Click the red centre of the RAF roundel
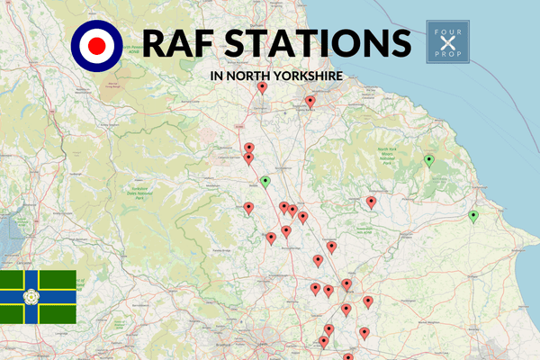coord(93,42)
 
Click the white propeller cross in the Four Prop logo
coord(449,42)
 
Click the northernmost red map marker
coord(262,87)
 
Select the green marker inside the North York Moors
coord(429,160)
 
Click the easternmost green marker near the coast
coord(472,215)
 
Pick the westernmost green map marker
coord(265,181)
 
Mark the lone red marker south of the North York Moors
coord(371,202)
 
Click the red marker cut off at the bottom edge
coord(347,357)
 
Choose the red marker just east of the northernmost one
coord(310,102)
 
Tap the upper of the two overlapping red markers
coord(248,148)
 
